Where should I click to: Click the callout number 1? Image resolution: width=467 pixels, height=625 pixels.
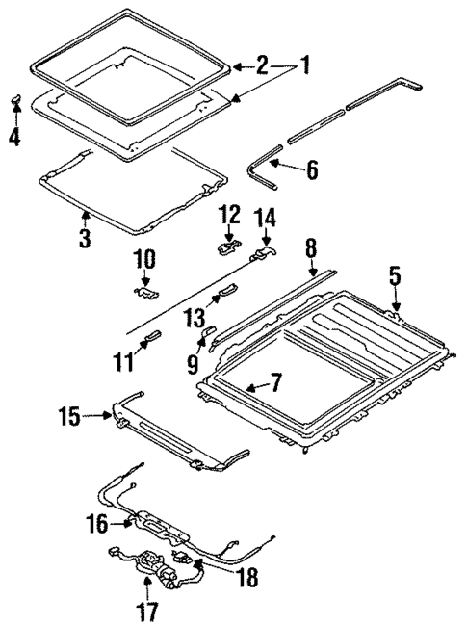coord(304,66)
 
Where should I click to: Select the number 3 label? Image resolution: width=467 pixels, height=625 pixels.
coord(86,236)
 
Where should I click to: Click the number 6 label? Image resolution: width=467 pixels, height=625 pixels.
coord(311,170)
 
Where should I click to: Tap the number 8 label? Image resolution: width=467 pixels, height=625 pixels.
coord(311,248)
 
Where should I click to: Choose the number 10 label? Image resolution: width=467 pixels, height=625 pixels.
coord(143,259)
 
